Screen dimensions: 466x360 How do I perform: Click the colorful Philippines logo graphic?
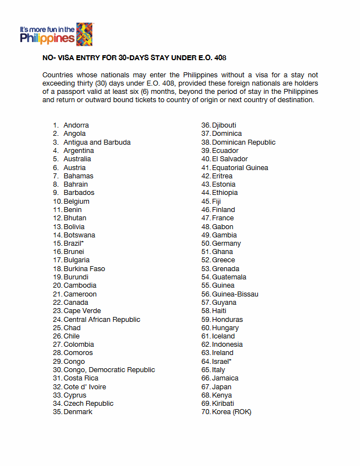(x=84, y=34)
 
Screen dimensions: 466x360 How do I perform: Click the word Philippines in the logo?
(x=47, y=39)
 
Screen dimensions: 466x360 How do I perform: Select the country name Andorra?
(x=76, y=125)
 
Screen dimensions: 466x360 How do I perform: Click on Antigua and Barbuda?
(x=97, y=142)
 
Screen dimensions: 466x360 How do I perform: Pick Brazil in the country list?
(x=73, y=243)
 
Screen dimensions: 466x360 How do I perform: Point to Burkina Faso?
(x=84, y=269)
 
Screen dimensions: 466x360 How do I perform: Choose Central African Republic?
(x=102, y=320)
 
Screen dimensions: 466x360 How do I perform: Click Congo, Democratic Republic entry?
(x=109, y=370)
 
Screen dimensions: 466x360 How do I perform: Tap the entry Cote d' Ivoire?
(x=84, y=387)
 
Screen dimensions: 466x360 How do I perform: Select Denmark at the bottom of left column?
(x=78, y=412)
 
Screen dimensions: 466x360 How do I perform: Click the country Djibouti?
(x=224, y=125)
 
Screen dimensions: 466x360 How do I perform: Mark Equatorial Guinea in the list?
(x=240, y=168)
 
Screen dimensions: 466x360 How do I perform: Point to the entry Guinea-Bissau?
(x=235, y=294)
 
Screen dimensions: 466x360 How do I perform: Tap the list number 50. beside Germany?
(x=206, y=243)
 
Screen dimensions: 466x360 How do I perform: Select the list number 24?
(x=57, y=320)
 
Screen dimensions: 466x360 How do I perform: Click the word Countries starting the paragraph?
(x=59, y=75)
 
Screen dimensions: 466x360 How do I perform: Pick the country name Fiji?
(x=216, y=202)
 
